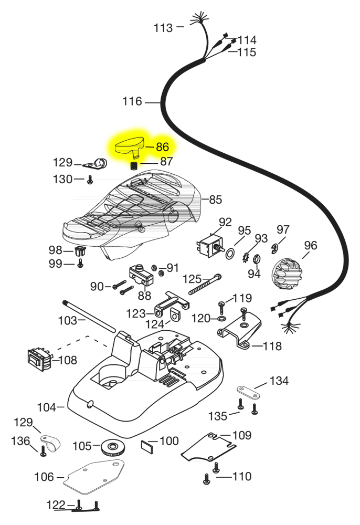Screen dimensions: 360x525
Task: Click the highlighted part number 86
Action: (x=163, y=147)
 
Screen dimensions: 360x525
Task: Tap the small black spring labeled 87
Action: (x=134, y=165)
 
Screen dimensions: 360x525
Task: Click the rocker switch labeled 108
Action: (x=39, y=360)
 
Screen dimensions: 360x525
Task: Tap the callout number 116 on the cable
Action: (x=132, y=101)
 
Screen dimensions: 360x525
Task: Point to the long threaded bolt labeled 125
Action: (x=205, y=285)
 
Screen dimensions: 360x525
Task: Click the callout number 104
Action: (x=47, y=407)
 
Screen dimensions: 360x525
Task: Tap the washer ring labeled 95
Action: (x=230, y=254)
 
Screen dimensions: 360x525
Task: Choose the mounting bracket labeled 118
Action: (x=239, y=330)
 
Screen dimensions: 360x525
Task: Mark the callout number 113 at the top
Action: (x=163, y=28)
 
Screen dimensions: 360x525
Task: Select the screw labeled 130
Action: (x=90, y=180)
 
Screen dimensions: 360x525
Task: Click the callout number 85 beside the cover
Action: (x=216, y=199)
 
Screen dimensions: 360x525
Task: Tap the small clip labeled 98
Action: (x=80, y=251)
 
